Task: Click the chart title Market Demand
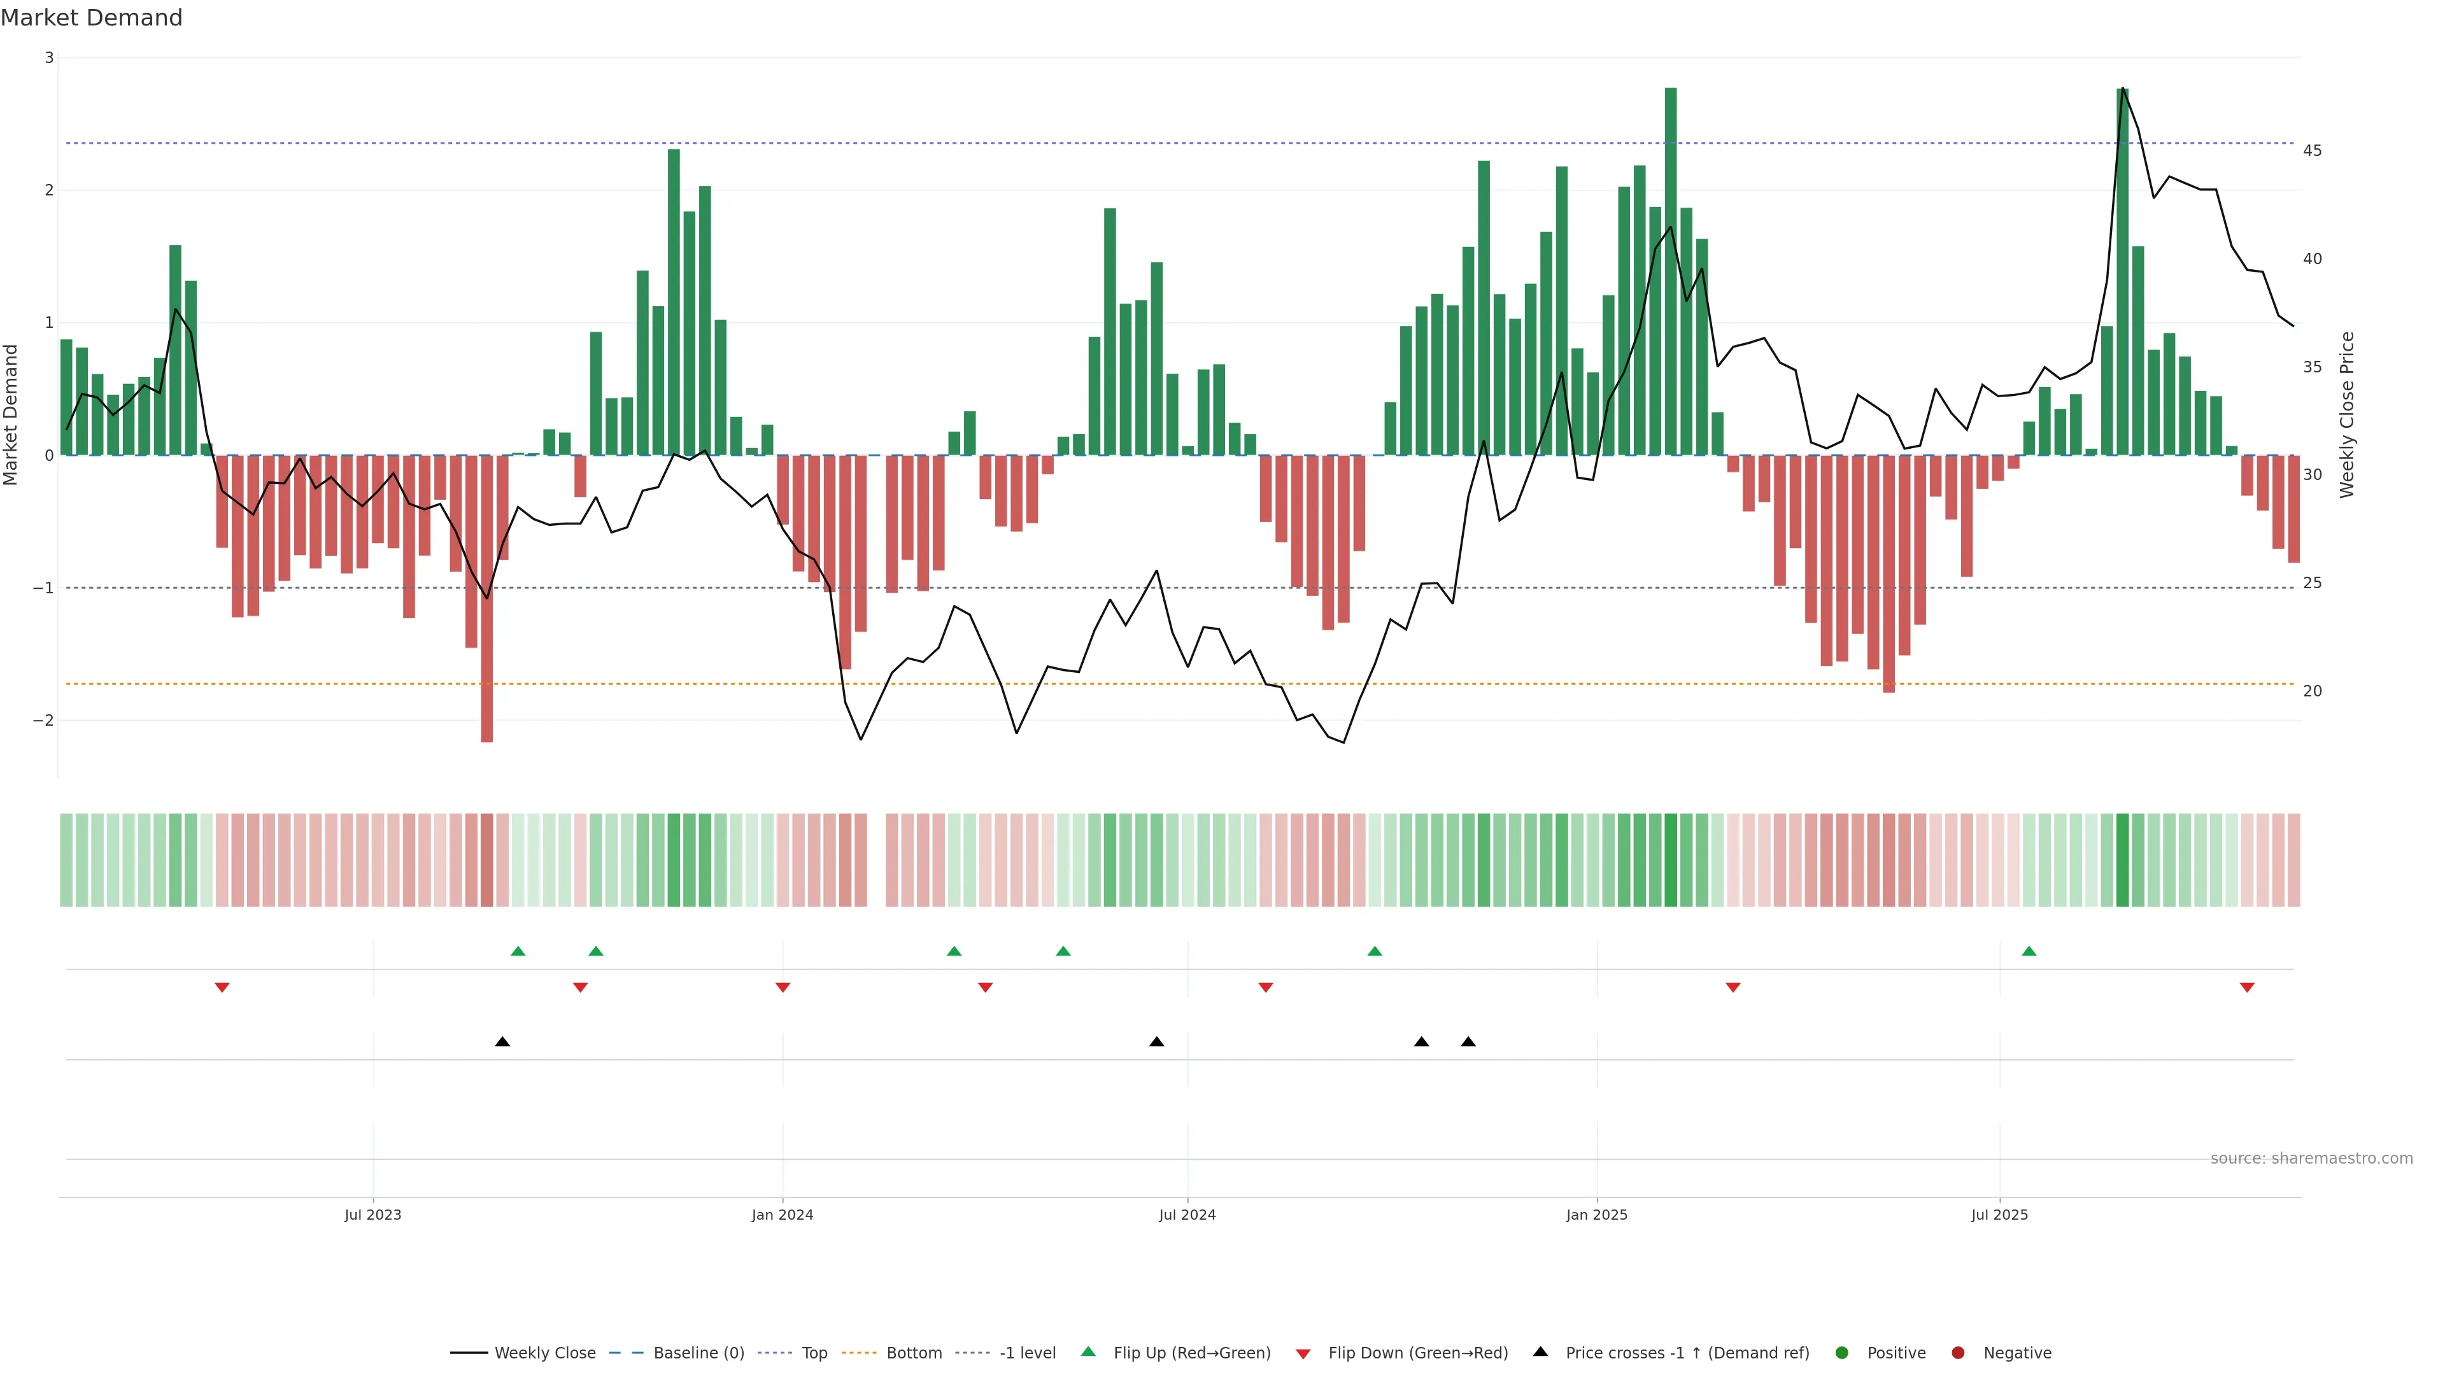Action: (x=91, y=18)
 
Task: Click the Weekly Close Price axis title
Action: (x=2347, y=414)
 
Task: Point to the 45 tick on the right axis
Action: (x=2312, y=151)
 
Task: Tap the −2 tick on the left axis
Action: (x=43, y=720)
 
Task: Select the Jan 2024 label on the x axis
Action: (x=782, y=1215)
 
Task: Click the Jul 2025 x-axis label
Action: (x=1999, y=1215)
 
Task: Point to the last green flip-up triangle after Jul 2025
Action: (x=2029, y=951)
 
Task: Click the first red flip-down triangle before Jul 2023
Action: (x=222, y=988)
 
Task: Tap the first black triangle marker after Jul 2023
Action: (x=503, y=1042)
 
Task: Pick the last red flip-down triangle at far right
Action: (x=2246, y=988)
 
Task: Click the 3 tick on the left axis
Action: (x=50, y=58)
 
